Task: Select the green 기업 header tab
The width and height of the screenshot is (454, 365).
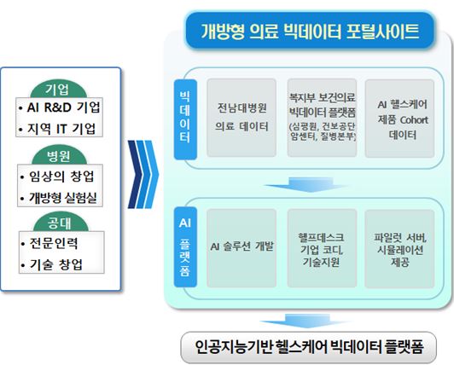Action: pos(57,90)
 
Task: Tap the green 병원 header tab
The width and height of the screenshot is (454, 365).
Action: pos(57,156)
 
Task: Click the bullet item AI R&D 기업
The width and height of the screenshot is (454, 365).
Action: pos(60,108)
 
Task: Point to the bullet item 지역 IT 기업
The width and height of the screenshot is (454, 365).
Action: pos(60,130)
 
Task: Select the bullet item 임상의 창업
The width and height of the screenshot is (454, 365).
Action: pos(60,176)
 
